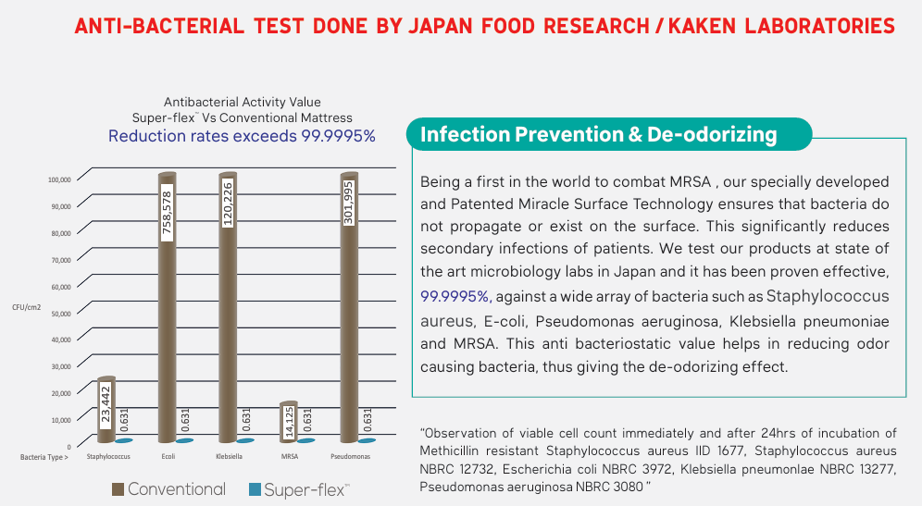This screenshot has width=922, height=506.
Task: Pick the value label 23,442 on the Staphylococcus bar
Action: point(107,408)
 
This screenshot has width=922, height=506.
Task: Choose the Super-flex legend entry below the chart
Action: point(298,488)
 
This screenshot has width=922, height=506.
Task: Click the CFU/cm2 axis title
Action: point(27,305)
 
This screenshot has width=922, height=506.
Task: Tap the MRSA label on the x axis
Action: point(288,457)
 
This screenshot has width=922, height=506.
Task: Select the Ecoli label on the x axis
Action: point(168,457)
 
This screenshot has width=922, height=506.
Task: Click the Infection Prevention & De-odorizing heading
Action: point(598,135)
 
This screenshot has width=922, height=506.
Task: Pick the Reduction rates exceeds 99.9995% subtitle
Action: point(242,136)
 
